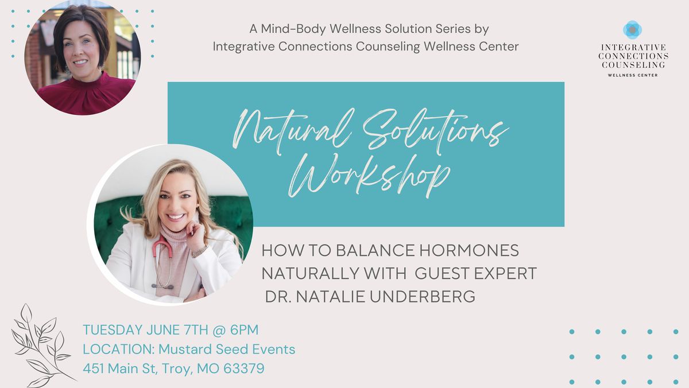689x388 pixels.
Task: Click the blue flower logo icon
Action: [632, 29]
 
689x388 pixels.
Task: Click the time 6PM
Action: [244, 330]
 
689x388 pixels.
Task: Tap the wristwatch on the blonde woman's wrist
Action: [200, 250]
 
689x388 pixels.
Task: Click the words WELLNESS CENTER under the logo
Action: [632, 75]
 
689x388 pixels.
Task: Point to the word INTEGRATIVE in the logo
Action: [632, 48]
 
